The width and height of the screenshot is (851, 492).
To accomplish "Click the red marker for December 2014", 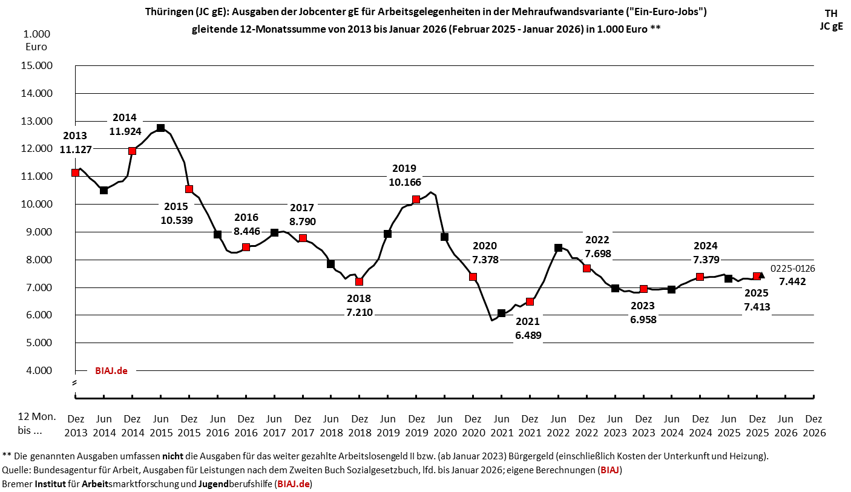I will point(132,151).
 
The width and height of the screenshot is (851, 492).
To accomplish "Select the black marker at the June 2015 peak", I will point(160,128).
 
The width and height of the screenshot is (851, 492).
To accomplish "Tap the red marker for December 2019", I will point(416,199).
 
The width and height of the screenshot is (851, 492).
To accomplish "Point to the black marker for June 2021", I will point(501,313).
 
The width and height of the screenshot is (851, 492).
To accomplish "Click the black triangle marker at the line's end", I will point(761,275).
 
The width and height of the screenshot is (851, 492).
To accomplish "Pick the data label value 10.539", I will point(177,220).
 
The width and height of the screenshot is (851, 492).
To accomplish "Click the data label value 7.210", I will point(359,312).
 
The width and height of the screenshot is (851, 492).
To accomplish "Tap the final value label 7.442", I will point(792,281).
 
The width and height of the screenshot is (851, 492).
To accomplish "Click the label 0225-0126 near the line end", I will point(793,269).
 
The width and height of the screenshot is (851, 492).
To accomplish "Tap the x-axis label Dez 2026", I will point(813,425).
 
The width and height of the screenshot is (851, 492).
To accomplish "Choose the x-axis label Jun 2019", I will point(387,425).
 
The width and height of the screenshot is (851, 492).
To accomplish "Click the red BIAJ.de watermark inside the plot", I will point(111,370).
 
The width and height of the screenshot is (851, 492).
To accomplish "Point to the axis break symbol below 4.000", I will point(75,383).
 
